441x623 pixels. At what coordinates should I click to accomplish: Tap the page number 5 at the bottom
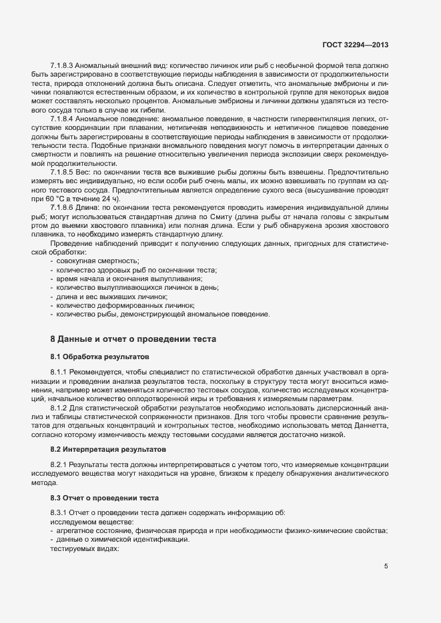pyautogui.click(x=386, y=566)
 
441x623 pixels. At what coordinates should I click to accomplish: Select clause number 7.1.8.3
pyautogui.click(x=65, y=67)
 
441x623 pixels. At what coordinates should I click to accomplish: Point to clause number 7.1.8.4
pyautogui.click(x=65, y=119)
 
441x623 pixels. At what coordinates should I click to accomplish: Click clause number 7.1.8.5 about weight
pyautogui.click(x=65, y=171)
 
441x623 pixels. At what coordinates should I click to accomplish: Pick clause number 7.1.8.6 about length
pyautogui.click(x=65, y=206)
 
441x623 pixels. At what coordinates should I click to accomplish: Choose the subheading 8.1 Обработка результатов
pyautogui.click(x=95, y=357)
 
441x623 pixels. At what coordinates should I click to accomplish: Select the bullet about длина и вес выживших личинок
pyautogui.click(x=111, y=295)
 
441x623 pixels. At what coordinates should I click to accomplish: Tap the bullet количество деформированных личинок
pyautogui.click(x=121, y=304)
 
